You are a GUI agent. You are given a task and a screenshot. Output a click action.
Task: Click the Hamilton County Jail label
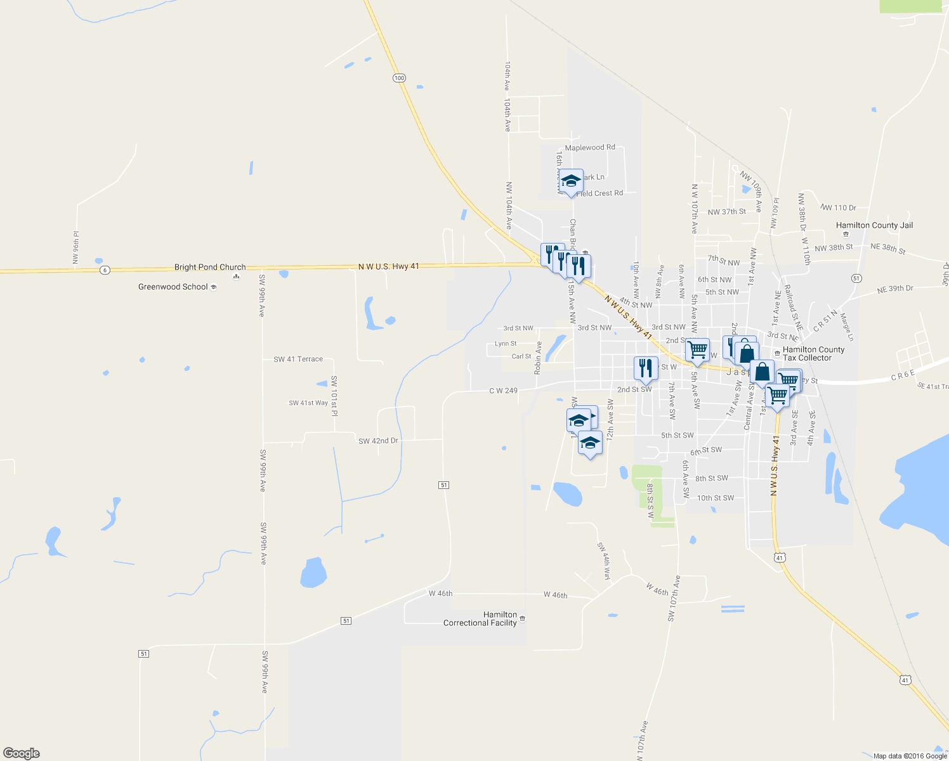[874, 225]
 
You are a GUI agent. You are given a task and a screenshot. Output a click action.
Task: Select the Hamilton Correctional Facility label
[480, 619]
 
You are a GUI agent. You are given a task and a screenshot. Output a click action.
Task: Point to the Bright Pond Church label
[210, 268]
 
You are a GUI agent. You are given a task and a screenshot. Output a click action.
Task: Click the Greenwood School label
[173, 287]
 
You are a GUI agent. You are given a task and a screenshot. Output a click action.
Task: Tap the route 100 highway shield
[398, 78]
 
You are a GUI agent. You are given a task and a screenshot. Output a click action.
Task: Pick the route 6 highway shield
[105, 270]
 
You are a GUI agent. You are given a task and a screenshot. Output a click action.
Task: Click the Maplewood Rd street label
[590, 148]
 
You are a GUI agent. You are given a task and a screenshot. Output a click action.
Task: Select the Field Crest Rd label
[599, 193]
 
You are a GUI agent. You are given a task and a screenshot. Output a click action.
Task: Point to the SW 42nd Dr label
[378, 441]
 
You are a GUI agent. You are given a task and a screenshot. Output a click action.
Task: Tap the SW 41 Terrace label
[298, 360]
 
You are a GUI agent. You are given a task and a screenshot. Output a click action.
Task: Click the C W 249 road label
[503, 391]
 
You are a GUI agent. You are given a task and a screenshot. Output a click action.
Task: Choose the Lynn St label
[506, 344]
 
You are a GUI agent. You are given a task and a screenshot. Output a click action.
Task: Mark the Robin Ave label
[539, 358]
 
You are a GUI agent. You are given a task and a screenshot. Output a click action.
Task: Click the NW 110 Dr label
[838, 207]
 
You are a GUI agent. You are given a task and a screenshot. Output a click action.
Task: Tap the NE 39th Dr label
[895, 289]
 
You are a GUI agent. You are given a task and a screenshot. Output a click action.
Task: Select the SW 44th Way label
[603, 561]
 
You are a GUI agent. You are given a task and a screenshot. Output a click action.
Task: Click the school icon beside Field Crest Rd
[571, 181]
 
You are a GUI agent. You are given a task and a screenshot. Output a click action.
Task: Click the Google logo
[22, 753]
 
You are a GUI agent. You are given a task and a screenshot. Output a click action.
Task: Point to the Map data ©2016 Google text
[910, 756]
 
